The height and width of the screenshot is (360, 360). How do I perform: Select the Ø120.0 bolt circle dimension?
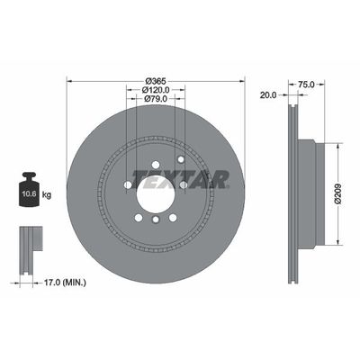coord(157,90)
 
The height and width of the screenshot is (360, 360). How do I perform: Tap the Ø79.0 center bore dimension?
coord(157,101)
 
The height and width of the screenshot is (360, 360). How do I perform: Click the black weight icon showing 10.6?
coord(30,190)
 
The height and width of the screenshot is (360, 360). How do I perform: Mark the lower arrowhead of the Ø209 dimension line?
coord(338,243)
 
